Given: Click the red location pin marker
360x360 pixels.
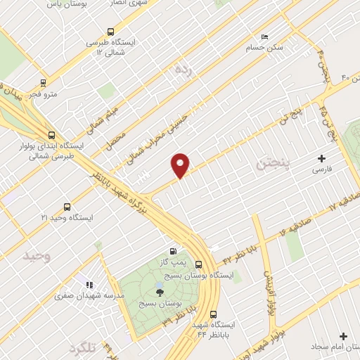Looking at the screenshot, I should coord(181,165).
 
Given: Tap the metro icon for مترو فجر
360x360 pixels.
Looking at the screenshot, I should coord(44,82).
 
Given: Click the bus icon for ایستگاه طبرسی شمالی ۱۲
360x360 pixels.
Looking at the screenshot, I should coord(110,32).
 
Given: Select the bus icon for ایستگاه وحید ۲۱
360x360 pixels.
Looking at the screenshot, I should coord(67,207).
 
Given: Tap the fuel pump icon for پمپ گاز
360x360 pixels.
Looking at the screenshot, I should coord(173,251).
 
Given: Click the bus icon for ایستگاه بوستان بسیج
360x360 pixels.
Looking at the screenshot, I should coord(199,264).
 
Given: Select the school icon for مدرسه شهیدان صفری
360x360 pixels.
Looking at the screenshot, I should coord(89,285).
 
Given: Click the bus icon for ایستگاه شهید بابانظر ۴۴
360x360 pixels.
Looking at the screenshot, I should coord(212,316).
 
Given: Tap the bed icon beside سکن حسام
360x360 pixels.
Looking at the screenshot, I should coord(264,37).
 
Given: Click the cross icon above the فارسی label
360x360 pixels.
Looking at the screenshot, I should coord(323,158).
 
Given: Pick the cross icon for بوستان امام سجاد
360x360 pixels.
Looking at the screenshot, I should coord(344,336).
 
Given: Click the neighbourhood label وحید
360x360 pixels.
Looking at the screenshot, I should coord(38,256).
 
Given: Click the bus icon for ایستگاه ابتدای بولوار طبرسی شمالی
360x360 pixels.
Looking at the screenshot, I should coord(51,135).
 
